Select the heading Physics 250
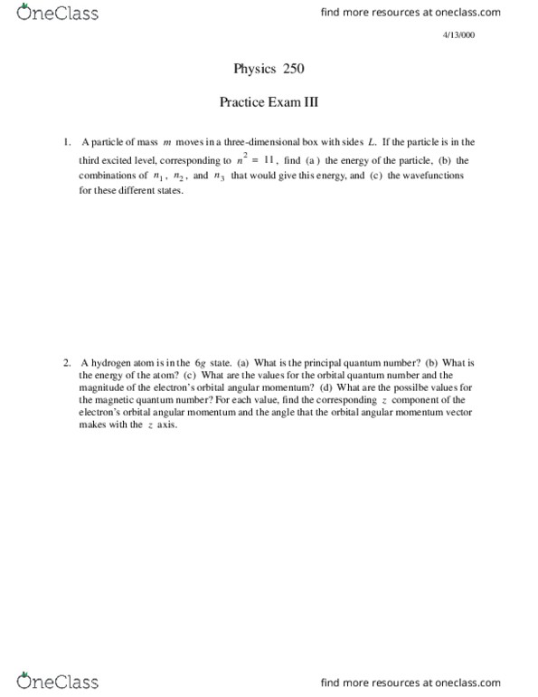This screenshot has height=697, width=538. pyautogui.click(x=269, y=69)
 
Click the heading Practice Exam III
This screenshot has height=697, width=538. pyautogui.click(x=269, y=103)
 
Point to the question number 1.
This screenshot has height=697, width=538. pyautogui.click(x=66, y=142)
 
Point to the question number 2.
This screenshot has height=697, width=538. pyautogui.click(x=66, y=362)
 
